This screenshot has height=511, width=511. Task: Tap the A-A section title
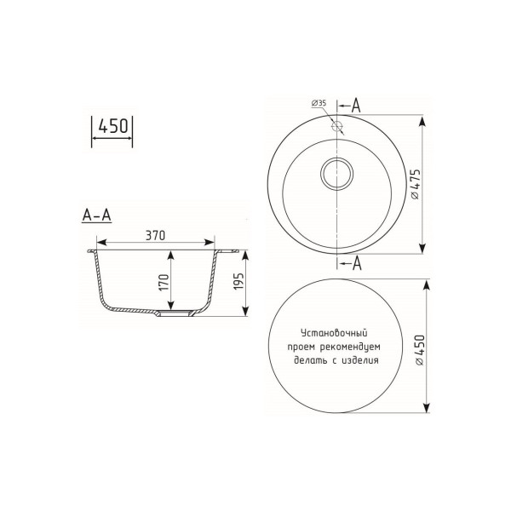(96, 215)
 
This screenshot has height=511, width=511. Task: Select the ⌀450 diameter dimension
(415, 347)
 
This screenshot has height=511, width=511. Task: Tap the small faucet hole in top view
(338, 127)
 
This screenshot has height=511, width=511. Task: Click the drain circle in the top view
(338, 170)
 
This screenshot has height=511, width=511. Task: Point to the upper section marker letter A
(356, 106)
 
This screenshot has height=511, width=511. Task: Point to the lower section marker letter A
(356, 263)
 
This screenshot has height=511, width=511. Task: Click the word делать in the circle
(308, 360)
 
